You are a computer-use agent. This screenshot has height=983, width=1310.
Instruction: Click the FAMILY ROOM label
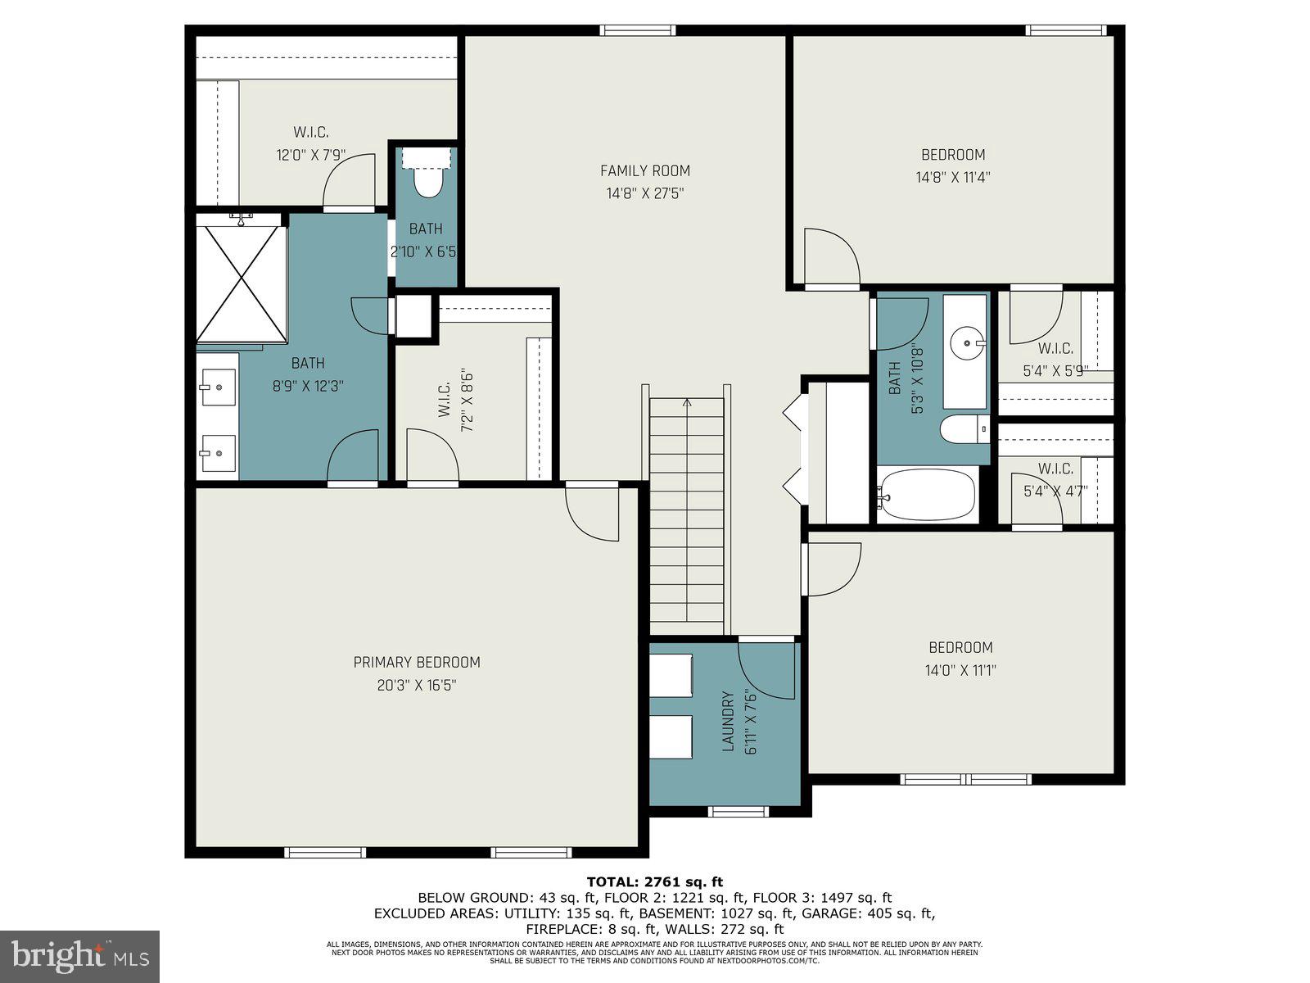tap(645, 170)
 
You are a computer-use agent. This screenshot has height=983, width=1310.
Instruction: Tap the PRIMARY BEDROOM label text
tap(417, 662)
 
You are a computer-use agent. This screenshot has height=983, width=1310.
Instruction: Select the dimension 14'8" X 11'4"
tap(953, 176)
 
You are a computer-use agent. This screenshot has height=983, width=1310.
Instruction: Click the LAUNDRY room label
tap(728, 722)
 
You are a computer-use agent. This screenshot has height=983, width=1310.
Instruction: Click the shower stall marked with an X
tap(241, 283)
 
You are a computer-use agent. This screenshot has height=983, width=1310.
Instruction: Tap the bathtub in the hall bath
tap(928, 494)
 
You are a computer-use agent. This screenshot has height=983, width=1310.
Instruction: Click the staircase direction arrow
tap(686, 403)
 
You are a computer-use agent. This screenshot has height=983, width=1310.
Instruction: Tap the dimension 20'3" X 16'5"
tap(417, 685)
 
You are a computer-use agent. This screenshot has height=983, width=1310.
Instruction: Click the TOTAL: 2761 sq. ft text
tap(655, 881)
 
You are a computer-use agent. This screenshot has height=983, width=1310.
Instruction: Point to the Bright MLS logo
tap(80, 956)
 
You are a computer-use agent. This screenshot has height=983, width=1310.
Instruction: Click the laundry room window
tap(738, 812)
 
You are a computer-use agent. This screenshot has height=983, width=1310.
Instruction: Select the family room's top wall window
tap(638, 30)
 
